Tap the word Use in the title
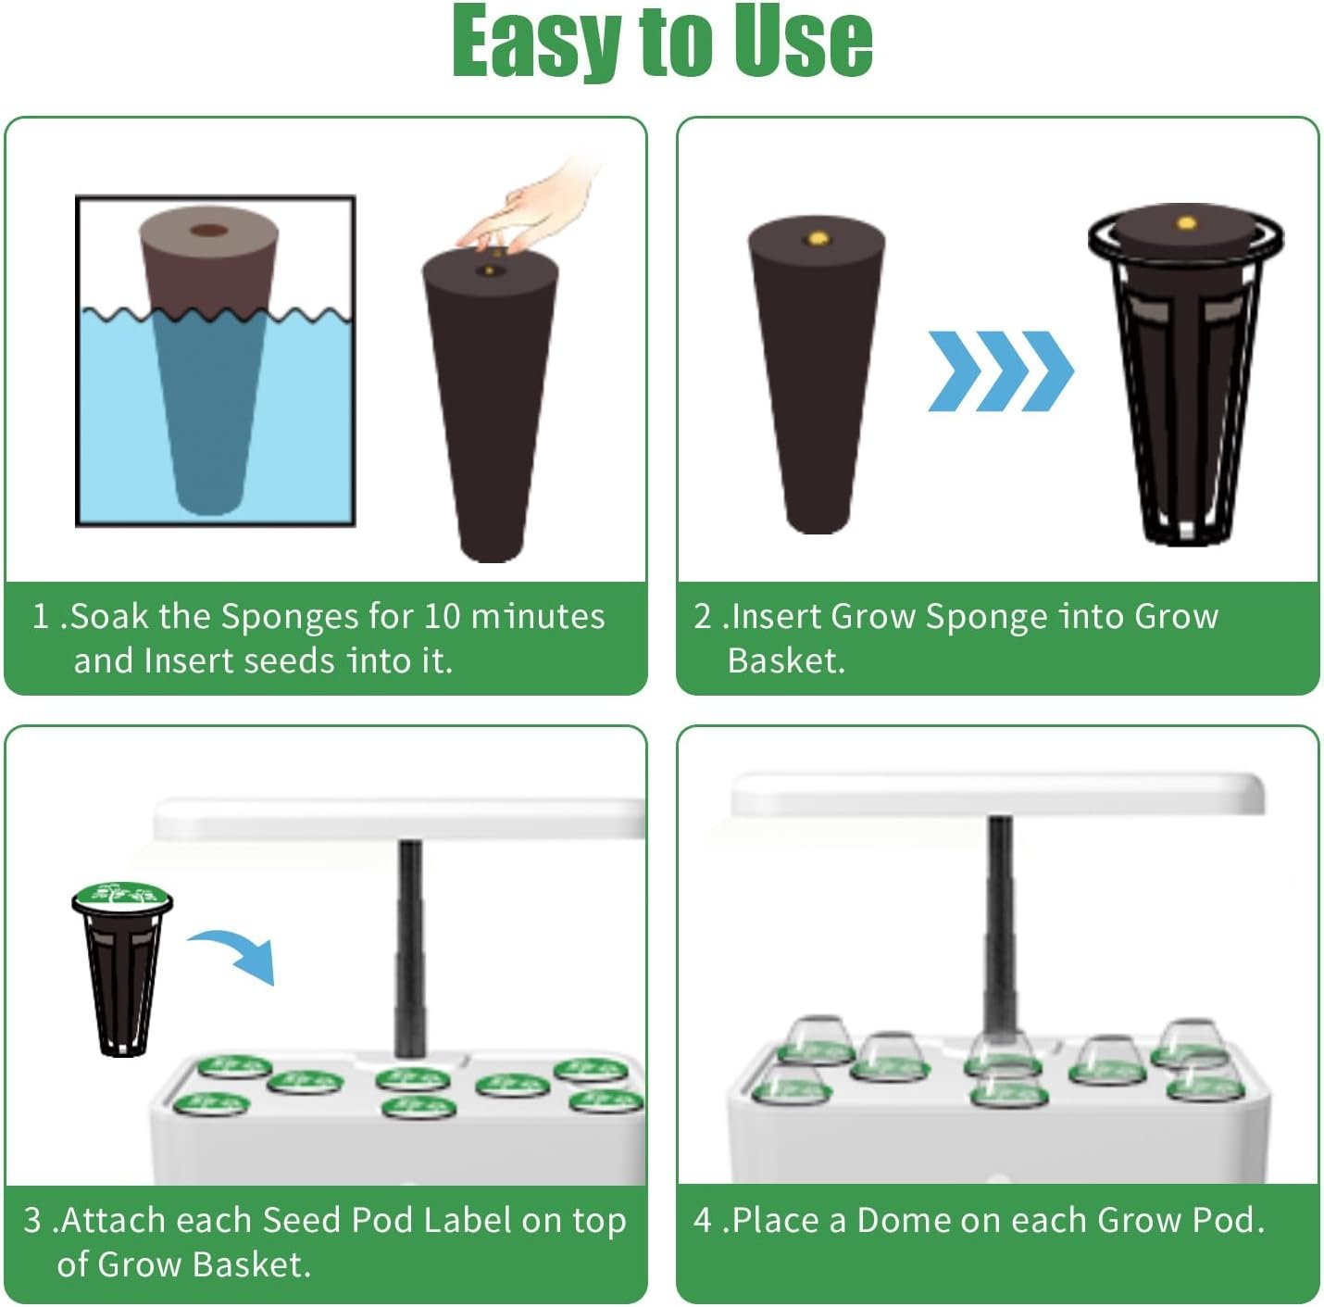click(803, 42)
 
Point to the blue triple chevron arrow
click(1000, 371)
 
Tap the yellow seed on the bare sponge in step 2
click(818, 238)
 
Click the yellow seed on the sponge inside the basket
click(1186, 222)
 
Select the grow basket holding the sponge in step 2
click(1186, 375)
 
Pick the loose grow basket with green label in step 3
click(122, 970)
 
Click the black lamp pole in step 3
click(410, 949)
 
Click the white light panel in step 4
click(998, 795)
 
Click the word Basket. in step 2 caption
click(786, 660)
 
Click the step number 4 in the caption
click(702, 1220)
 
